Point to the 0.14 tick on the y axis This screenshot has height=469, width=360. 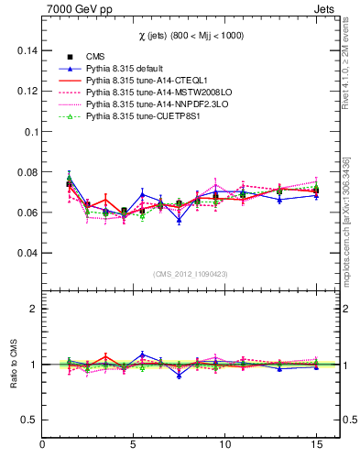click(26, 51)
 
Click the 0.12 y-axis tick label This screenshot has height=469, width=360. click(26, 92)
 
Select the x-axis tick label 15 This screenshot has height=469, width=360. click(316, 446)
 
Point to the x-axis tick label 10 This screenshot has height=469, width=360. click(224, 446)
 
